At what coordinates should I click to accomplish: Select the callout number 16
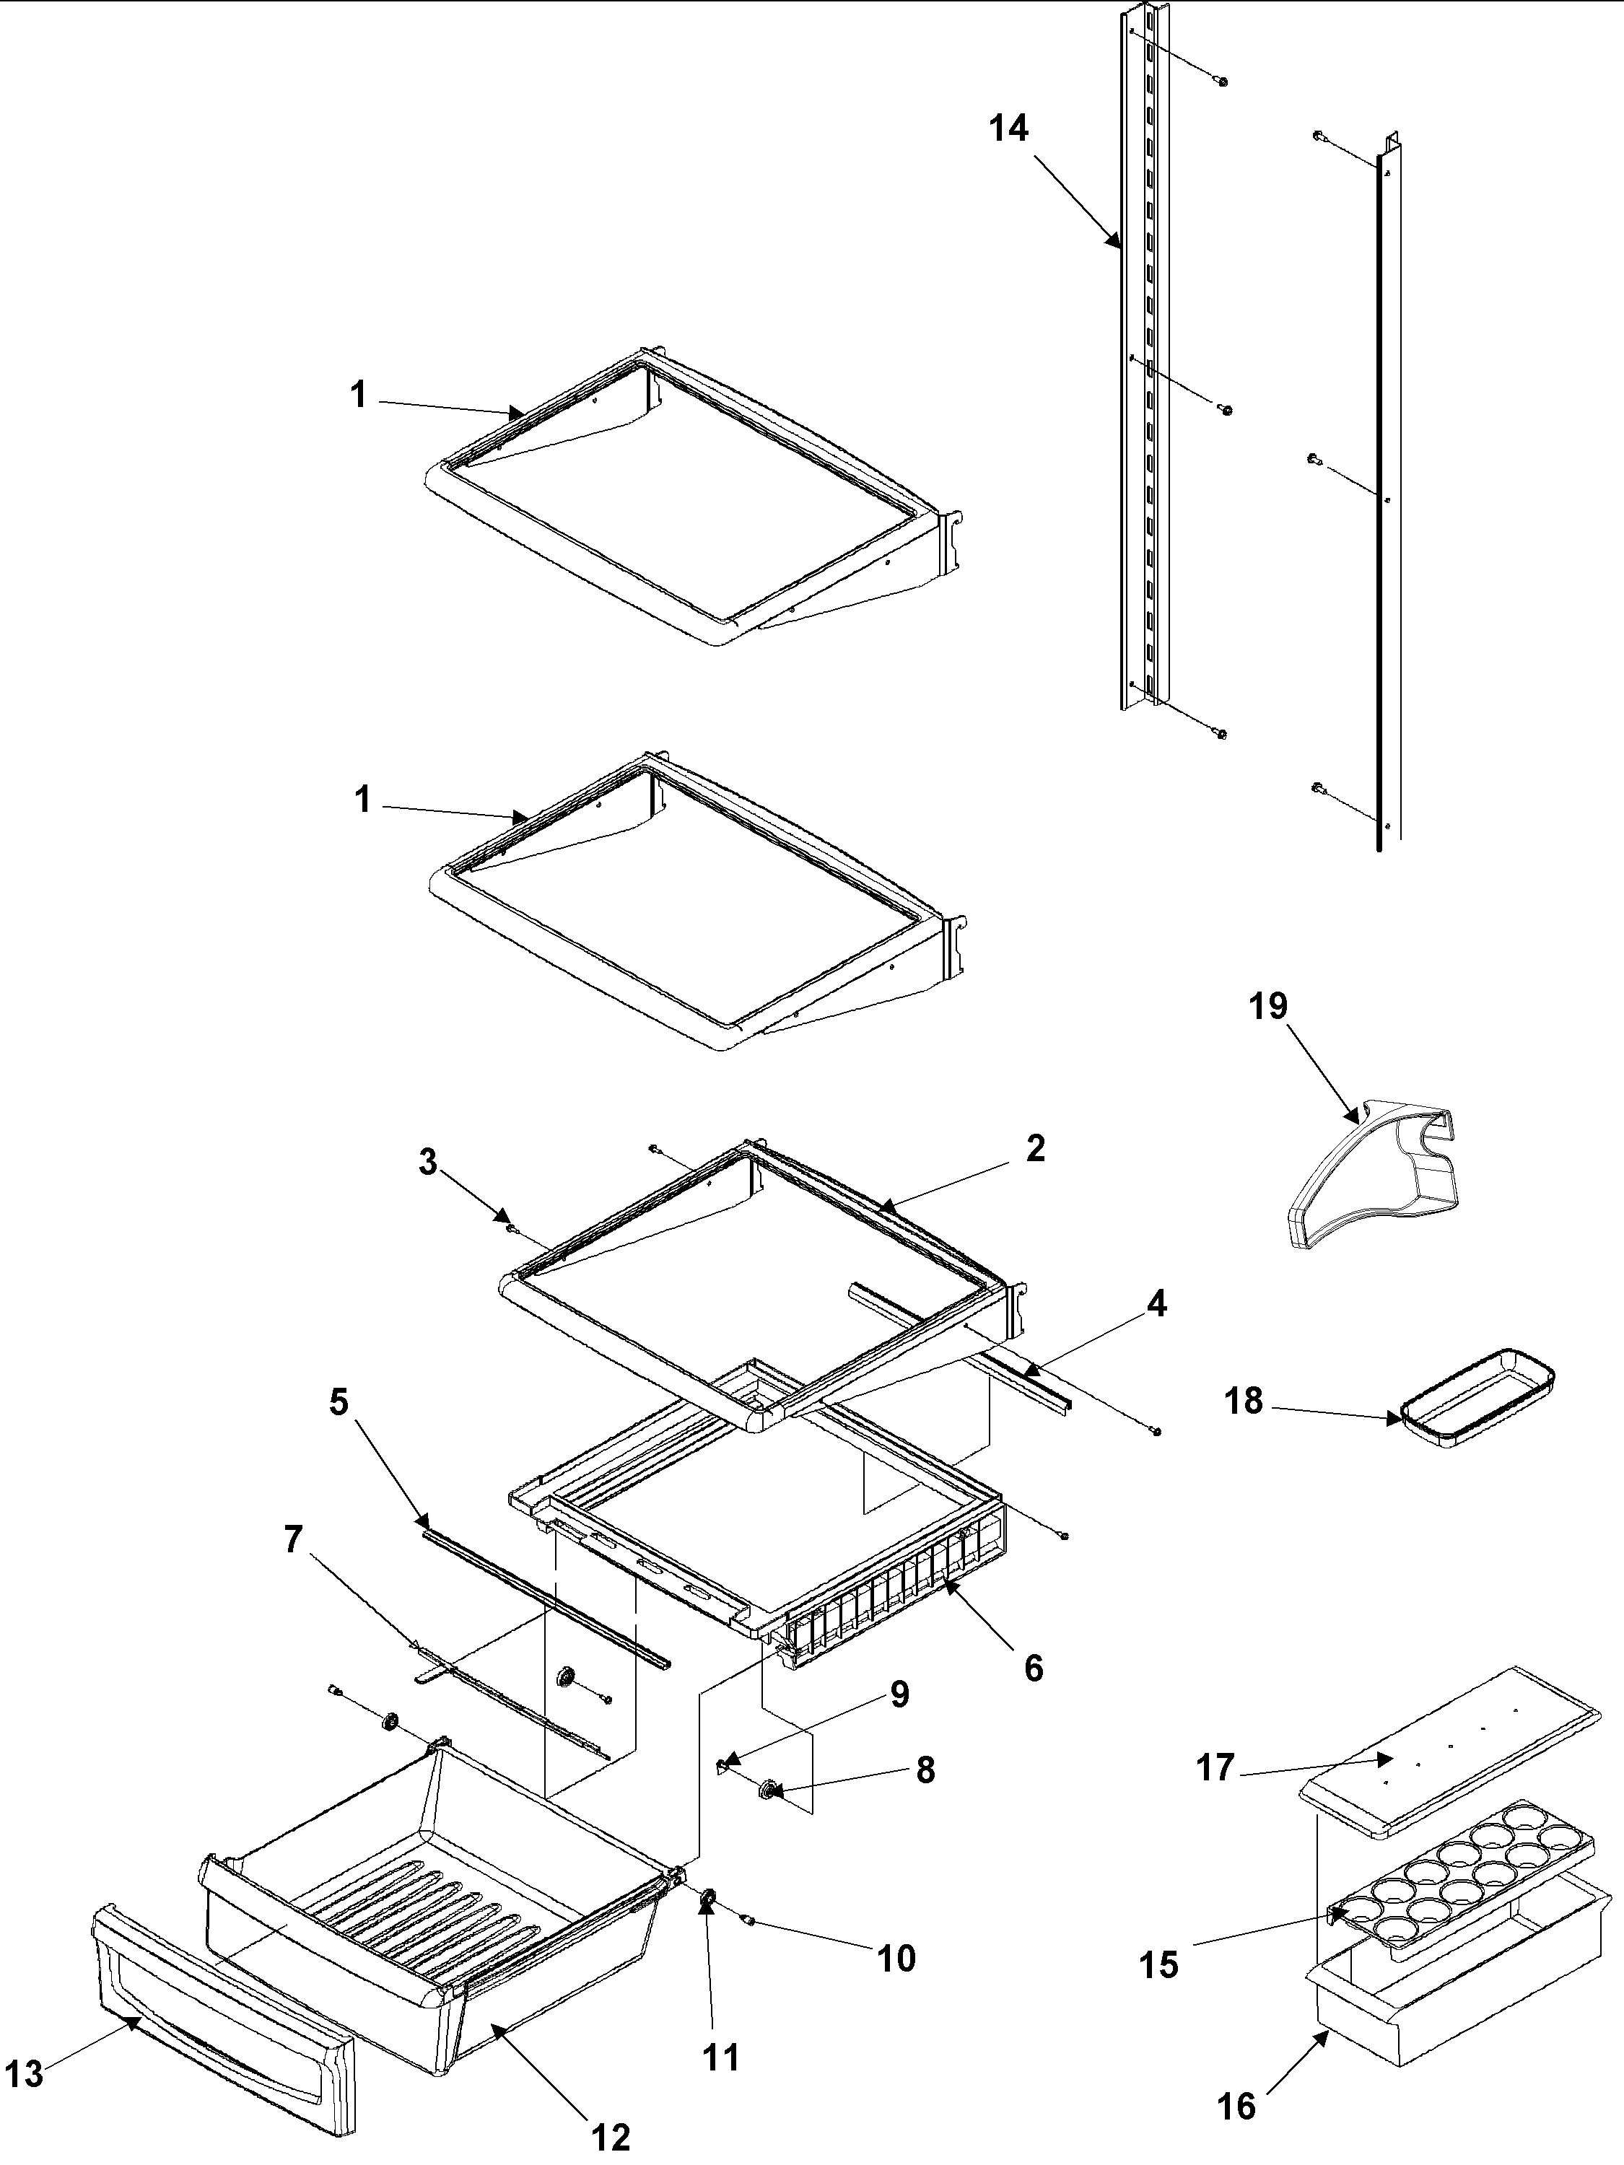[1237, 2126]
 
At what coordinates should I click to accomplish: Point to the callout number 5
[338, 1401]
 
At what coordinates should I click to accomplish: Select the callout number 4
[1156, 1304]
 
